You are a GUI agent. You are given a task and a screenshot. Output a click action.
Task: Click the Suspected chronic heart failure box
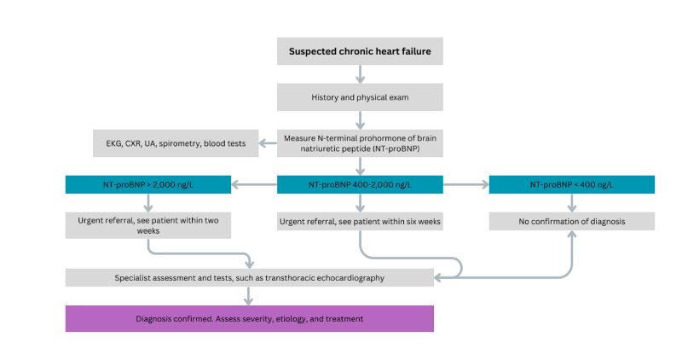[359, 52]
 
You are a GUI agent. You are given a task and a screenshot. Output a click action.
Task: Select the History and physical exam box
[359, 97]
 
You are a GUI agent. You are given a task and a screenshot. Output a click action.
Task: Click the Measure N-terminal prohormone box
[359, 143]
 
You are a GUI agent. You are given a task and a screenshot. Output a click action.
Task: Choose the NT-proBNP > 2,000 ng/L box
[148, 184]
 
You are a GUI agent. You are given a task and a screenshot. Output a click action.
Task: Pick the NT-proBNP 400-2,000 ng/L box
[359, 184]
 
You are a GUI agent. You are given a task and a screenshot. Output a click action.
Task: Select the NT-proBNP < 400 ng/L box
[571, 184]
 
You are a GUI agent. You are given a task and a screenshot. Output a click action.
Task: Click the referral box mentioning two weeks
[148, 225]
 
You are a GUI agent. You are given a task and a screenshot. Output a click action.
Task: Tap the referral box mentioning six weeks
[359, 221]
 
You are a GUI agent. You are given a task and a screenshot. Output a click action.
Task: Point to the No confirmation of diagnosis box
[571, 221]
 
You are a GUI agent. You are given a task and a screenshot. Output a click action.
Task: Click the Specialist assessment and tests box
[250, 277]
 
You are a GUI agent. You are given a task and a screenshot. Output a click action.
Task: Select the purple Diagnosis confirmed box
[250, 318]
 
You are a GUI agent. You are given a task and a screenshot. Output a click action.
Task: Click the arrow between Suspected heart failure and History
[359, 75]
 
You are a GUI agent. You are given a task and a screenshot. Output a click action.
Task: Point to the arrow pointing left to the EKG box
[267, 143]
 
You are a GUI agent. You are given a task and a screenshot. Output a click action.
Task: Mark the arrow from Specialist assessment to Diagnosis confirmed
[249, 295]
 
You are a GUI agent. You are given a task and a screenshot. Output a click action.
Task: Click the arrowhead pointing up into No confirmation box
[571, 236]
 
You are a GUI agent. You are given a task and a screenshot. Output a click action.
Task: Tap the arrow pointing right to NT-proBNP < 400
[465, 184]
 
